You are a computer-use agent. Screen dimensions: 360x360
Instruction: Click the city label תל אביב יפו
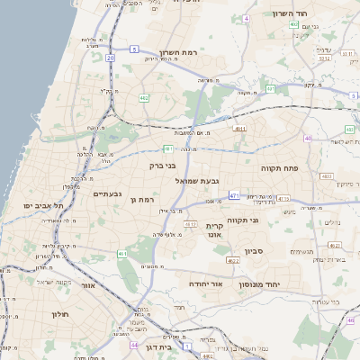click(41, 206)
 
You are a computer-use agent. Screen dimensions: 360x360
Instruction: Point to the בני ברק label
click(163, 166)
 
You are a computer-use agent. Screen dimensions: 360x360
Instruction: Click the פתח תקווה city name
click(278, 168)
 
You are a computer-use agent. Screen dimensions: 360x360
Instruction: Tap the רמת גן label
click(143, 199)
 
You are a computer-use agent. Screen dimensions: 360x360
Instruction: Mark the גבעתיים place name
click(107, 193)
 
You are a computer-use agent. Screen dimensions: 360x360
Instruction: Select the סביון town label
click(252, 251)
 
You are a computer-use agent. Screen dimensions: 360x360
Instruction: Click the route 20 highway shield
click(110, 58)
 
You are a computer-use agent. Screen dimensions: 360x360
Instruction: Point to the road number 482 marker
click(144, 98)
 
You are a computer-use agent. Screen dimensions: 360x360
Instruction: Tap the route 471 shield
click(234, 195)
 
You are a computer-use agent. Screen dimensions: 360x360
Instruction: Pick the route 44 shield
click(133, 345)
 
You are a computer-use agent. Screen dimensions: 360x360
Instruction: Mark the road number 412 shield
click(190, 223)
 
